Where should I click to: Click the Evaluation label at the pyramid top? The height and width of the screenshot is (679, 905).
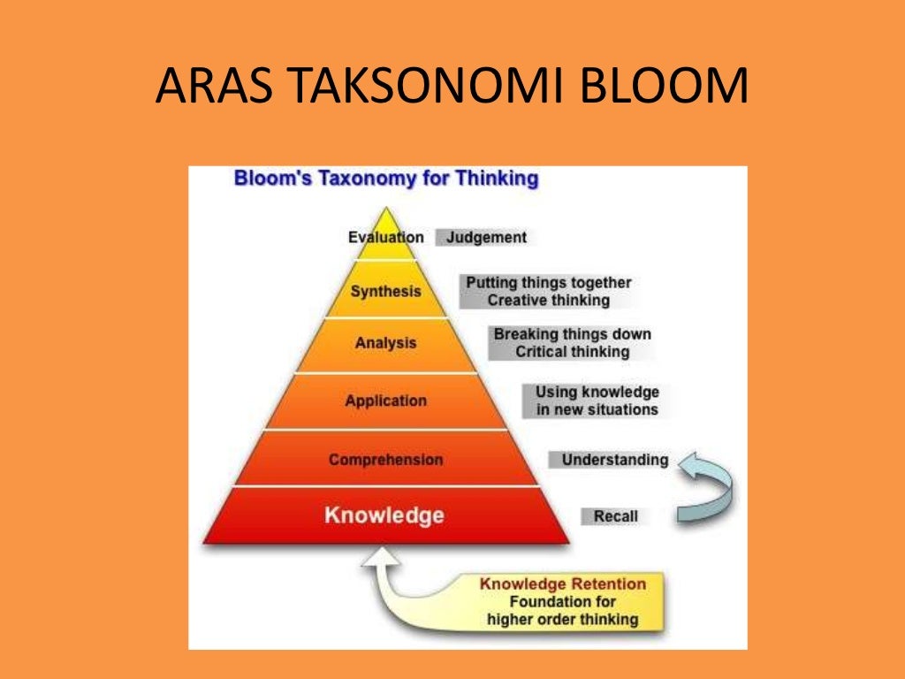tap(385, 237)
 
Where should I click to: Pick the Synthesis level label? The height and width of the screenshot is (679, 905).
tap(385, 291)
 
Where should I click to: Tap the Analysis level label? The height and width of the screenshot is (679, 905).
tap(385, 343)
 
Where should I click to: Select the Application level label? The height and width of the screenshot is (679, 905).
tap(385, 401)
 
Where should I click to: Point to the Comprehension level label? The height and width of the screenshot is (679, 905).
tap(385, 460)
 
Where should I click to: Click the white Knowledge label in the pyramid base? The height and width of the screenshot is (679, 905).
tap(384, 515)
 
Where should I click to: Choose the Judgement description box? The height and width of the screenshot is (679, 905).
tap(486, 237)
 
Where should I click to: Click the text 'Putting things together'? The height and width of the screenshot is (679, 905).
tap(549, 283)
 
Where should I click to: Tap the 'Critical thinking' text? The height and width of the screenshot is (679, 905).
tap(573, 352)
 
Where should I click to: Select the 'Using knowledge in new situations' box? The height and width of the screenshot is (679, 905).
tap(597, 401)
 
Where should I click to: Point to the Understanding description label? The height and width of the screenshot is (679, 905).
tap(614, 460)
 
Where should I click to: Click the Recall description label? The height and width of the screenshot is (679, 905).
tap(615, 515)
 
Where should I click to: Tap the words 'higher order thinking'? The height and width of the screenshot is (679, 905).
tap(562, 619)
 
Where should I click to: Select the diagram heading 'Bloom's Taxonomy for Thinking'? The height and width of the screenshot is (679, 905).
tap(385, 179)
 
